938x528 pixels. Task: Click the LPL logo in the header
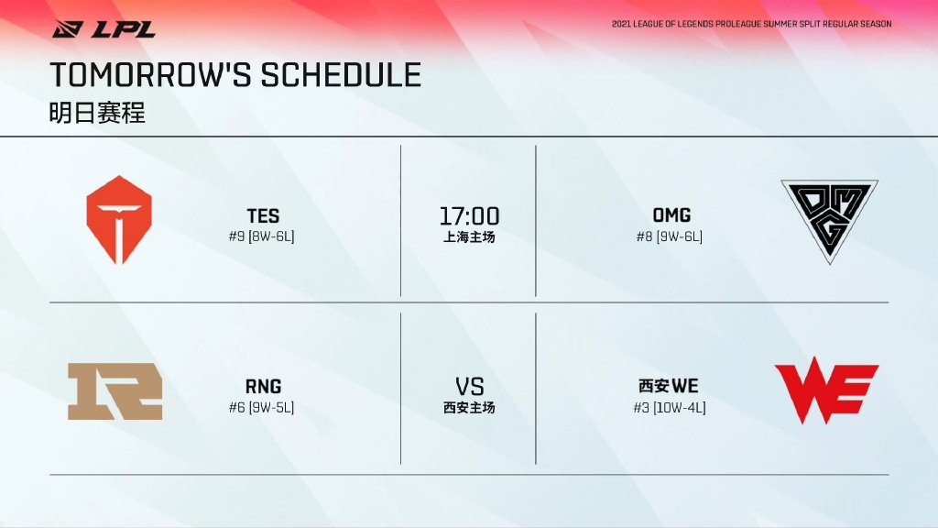click(104, 28)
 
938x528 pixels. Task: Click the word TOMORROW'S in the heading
click(151, 75)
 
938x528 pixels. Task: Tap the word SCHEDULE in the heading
click(341, 75)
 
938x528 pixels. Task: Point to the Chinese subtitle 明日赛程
click(97, 113)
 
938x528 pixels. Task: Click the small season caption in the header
click(751, 24)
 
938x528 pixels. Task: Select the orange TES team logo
click(119, 220)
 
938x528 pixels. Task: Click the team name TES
click(263, 215)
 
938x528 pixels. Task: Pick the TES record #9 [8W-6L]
click(261, 236)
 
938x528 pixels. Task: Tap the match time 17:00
click(470, 215)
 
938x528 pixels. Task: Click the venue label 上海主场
click(469, 237)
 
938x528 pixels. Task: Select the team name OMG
click(671, 214)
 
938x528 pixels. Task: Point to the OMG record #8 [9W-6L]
click(670, 236)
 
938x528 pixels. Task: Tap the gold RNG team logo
click(115, 390)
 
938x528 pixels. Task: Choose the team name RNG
click(263, 386)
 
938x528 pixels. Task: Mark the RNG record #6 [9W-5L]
click(261, 408)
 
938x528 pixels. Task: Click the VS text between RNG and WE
click(470, 387)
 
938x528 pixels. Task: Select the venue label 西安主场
click(469, 408)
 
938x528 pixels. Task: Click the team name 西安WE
click(668, 386)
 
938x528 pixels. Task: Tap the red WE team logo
click(827, 390)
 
